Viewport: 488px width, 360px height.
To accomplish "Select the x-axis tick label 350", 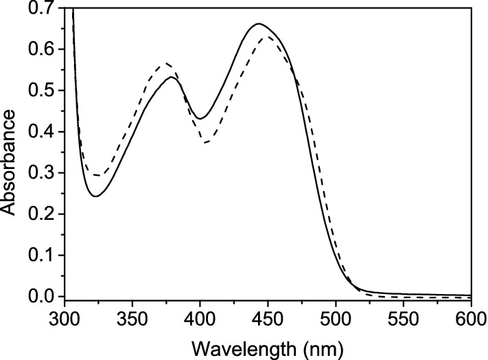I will coord(132,315).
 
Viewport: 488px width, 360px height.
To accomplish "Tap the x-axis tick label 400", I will coord(200,315).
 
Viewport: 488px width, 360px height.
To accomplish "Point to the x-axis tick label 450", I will coord(268,315).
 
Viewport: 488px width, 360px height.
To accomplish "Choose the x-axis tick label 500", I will coord(336,315).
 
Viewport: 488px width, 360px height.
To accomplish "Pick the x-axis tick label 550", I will coord(404,315).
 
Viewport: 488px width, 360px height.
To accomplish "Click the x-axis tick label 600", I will coord(469,315).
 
